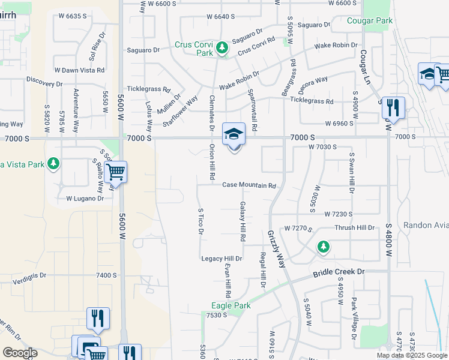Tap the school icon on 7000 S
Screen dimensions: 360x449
234,134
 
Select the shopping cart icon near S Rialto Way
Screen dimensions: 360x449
115,173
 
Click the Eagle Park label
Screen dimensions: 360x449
231,305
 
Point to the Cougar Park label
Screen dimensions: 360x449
369,21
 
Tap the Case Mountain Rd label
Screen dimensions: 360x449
249,185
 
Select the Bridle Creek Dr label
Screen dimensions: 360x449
339,272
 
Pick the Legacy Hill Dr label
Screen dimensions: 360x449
221,259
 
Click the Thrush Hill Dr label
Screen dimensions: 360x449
354,228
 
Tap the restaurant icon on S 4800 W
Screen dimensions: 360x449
393,108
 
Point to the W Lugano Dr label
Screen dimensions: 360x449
85,198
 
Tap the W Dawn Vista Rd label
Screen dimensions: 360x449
79,70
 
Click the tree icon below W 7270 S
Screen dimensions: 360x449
323,247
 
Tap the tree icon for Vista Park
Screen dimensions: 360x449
53,163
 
